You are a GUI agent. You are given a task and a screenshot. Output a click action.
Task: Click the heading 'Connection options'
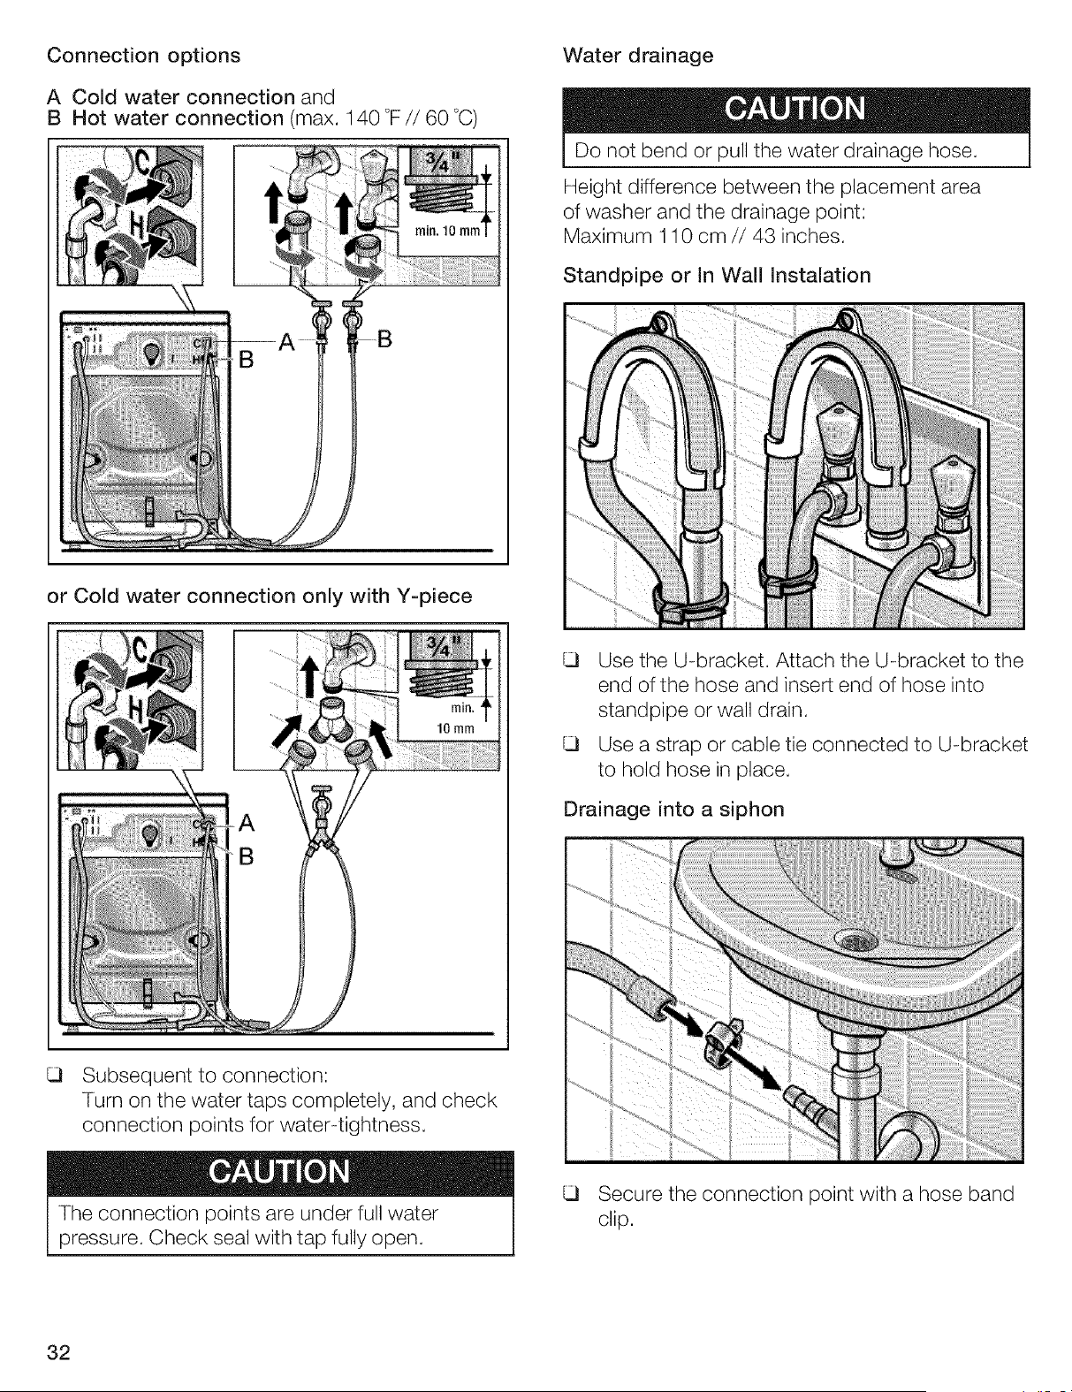[144, 56]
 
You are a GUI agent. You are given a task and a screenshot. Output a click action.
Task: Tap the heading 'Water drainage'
[638, 56]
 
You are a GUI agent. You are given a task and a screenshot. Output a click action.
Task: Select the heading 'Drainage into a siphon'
[673, 809]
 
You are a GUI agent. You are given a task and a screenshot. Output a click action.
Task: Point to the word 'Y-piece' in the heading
[434, 596]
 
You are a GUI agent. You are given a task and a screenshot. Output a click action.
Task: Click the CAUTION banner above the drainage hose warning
[796, 110]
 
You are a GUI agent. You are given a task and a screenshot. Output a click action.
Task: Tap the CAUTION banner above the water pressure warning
[280, 1172]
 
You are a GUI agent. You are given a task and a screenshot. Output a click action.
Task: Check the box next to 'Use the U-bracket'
[570, 660]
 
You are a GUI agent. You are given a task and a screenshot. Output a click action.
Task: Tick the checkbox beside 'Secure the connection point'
[570, 1194]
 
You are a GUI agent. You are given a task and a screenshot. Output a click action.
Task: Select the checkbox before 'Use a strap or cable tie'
[570, 744]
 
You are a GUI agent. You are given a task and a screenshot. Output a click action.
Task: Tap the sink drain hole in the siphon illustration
[857, 941]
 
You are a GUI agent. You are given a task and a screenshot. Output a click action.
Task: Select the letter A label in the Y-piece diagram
[247, 823]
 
